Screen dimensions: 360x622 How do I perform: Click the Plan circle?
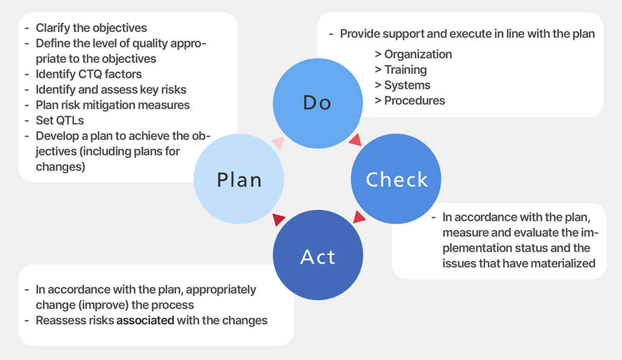[239, 179]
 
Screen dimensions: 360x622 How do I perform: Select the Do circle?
[317, 103]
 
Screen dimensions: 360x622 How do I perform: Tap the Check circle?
[396, 179]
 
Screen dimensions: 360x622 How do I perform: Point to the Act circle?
[318, 256]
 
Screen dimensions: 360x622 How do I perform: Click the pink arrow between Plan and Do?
[278, 143]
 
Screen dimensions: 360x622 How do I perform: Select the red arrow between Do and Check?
[355, 139]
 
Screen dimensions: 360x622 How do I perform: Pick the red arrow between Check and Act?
[359, 217]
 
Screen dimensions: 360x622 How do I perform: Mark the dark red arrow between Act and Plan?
[279, 219]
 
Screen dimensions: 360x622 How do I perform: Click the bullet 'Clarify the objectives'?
[91, 28]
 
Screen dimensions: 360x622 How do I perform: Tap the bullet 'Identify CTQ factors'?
[88, 74]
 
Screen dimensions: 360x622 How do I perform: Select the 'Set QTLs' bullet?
[60, 120]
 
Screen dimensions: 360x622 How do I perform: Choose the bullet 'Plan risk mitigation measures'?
[113, 105]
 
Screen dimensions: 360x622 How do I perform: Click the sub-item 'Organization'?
[418, 54]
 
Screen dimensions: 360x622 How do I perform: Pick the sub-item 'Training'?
[406, 69]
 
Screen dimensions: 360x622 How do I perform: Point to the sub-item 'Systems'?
[407, 85]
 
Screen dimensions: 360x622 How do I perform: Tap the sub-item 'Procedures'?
[414, 100]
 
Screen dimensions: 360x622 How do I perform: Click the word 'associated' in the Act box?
[145, 320]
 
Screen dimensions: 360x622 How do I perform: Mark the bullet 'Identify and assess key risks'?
[111, 89]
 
